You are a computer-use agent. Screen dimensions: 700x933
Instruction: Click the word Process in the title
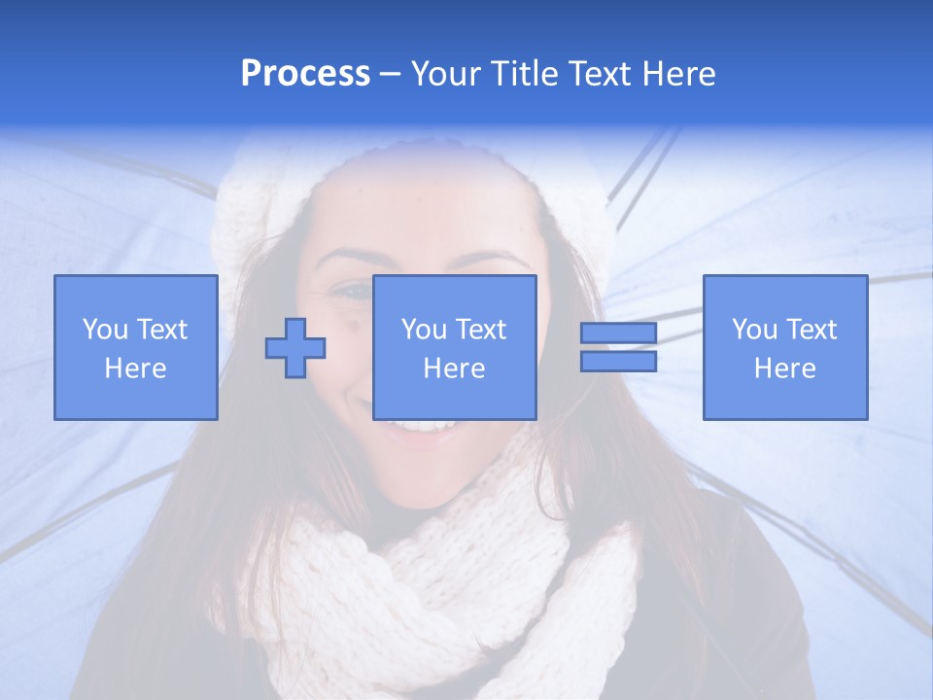[x=305, y=74]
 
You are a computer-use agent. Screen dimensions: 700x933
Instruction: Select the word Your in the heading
[x=446, y=74]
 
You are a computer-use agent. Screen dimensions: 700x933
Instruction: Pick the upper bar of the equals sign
[x=618, y=333]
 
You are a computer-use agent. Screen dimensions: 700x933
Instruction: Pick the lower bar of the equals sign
[x=618, y=362]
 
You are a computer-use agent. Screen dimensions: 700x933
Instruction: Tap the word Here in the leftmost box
[x=135, y=368]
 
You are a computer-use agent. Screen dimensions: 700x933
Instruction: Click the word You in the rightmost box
[x=754, y=330]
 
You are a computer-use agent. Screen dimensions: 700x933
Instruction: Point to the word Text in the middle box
[x=480, y=330]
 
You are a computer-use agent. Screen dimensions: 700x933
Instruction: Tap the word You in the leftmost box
[x=105, y=330]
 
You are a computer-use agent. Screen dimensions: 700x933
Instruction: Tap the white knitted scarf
[x=437, y=574]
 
